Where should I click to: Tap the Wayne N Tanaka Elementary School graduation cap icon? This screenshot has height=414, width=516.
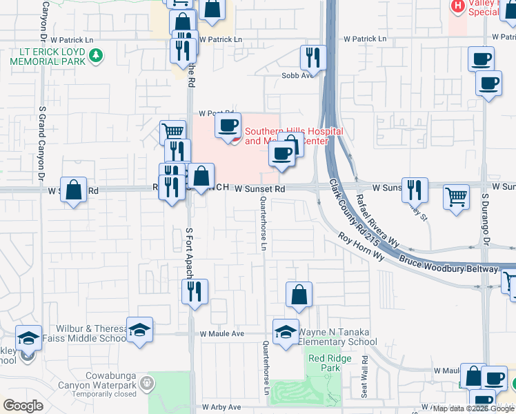pos(286,331)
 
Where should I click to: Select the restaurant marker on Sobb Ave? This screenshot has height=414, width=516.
pos(313,58)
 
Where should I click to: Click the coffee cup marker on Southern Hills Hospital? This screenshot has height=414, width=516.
pos(228,126)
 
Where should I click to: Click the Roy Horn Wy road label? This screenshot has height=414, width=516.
pos(361,246)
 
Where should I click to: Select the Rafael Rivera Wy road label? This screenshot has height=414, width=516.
pos(377,219)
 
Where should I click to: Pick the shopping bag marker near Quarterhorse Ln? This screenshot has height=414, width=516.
pos(299,295)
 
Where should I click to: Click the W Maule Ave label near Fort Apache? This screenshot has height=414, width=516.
pos(222,334)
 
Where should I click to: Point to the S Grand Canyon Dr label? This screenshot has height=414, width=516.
pos(42,139)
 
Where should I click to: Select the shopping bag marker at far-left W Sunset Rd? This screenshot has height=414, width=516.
pos(74,190)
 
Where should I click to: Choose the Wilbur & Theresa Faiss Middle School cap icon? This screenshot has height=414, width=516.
pos(139,331)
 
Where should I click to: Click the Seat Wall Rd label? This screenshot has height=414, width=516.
pos(365,375)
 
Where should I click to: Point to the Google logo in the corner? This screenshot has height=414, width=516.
pos(23,406)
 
